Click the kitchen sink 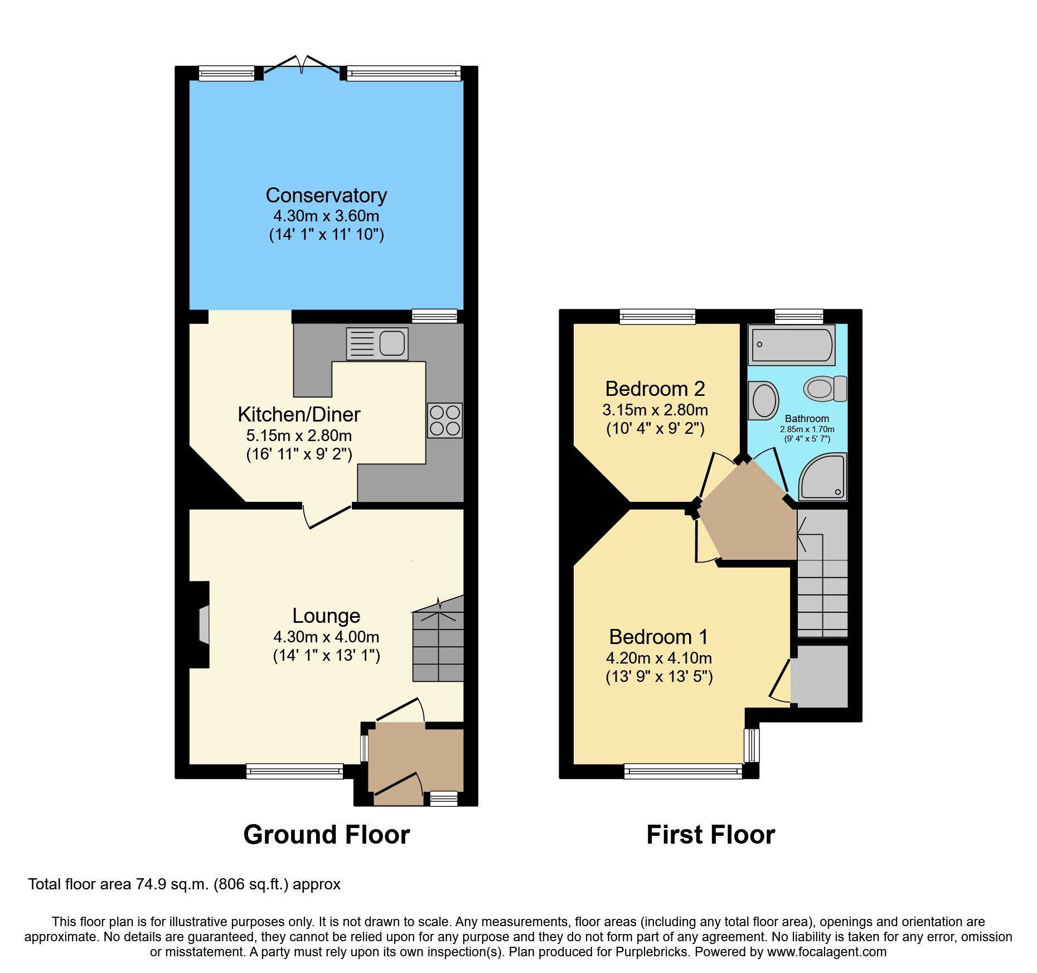click(377, 343)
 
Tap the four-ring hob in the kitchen click(445, 420)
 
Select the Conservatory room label click(326, 196)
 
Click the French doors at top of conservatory click(301, 67)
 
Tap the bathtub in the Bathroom click(791, 345)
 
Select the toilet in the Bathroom click(825, 388)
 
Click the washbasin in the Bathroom click(763, 400)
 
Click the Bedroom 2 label click(655, 389)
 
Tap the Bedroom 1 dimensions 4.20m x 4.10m click(659, 658)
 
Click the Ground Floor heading click(327, 835)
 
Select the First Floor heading click(710, 835)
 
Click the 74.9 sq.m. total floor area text click(172, 884)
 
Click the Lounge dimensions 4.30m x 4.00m click(326, 637)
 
